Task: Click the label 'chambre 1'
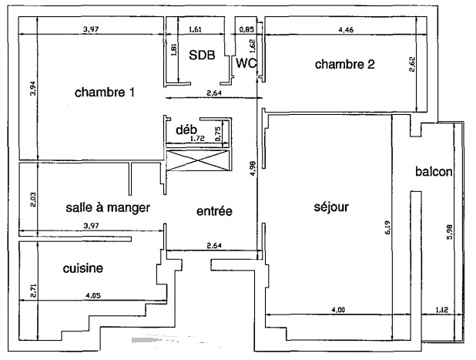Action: (x=105, y=93)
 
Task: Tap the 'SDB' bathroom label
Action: (x=202, y=55)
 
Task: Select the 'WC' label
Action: (x=246, y=63)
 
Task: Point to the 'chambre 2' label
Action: (x=345, y=64)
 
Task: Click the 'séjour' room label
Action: (x=331, y=207)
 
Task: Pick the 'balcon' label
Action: (x=434, y=172)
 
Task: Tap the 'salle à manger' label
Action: (x=108, y=207)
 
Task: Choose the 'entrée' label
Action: (x=214, y=211)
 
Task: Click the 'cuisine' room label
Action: (x=83, y=268)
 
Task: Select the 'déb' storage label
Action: (x=186, y=130)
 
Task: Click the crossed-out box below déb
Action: (x=197, y=160)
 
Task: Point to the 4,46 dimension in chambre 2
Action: (x=346, y=30)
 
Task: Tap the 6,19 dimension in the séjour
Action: (x=387, y=227)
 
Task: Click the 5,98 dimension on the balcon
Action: (x=449, y=231)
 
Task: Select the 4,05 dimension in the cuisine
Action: (x=93, y=295)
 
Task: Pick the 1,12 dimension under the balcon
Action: (x=441, y=310)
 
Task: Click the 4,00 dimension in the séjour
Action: (x=338, y=310)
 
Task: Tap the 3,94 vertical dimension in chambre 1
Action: (x=33, y=88)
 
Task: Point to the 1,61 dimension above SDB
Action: (x=195, y=29)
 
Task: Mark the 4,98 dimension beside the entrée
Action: (x=253, y=168)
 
